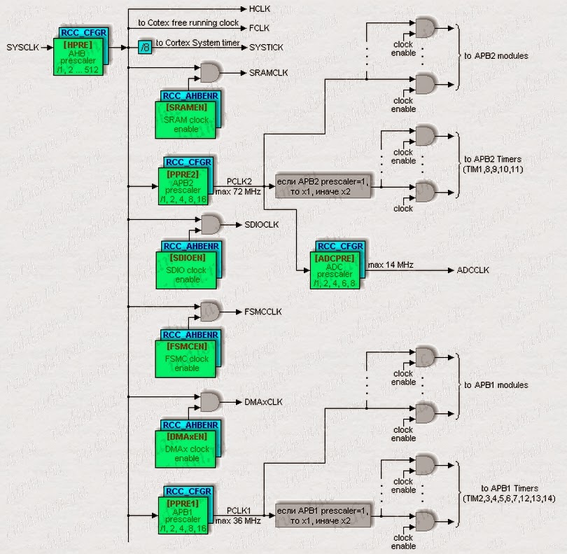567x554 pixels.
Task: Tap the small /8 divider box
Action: click(144, 48)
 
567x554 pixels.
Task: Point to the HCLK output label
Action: click(259, 10)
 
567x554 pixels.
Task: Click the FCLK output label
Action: click(259, 28)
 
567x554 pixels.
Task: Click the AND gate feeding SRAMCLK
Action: click(209, 72)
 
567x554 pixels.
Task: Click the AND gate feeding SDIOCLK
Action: click(209, 225)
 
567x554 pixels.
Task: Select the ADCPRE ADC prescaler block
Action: click(337, 269)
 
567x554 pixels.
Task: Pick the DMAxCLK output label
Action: click(262, 402)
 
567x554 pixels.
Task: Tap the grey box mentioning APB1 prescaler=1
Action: click(322, 516)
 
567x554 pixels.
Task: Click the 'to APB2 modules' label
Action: click(496, 55)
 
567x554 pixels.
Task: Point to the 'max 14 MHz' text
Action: click(393, 264)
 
